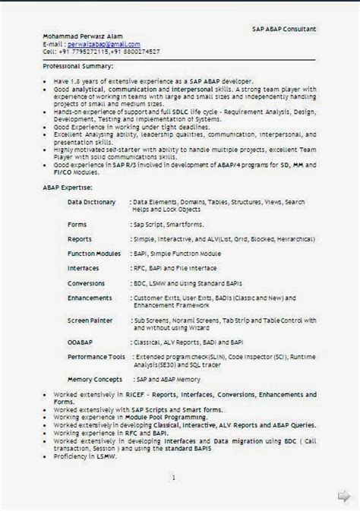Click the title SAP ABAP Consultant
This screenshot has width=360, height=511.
(x=284, y=28)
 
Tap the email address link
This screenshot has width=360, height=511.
(x=102, y=45)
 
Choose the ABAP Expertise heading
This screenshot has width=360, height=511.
(x=68, y=187)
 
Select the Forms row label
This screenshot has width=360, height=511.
(x=79, y=225)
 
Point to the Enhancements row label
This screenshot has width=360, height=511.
(x=90, y=298)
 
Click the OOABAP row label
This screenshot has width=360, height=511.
(x=81, y=341)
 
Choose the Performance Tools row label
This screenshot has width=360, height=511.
(x=96, y=355)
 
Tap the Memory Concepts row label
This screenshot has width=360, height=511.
(x=94, y=377)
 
